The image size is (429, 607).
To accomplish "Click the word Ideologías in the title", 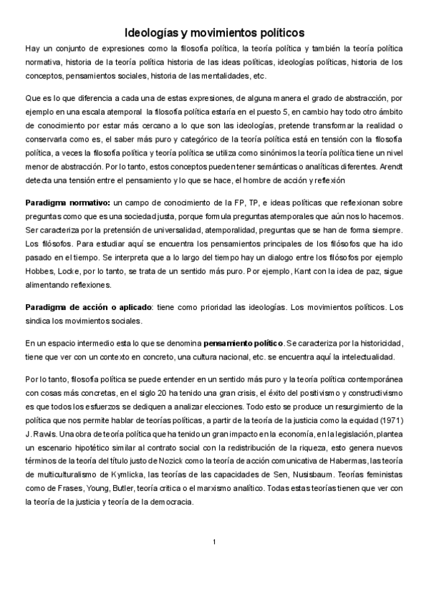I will pos(151,32).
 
